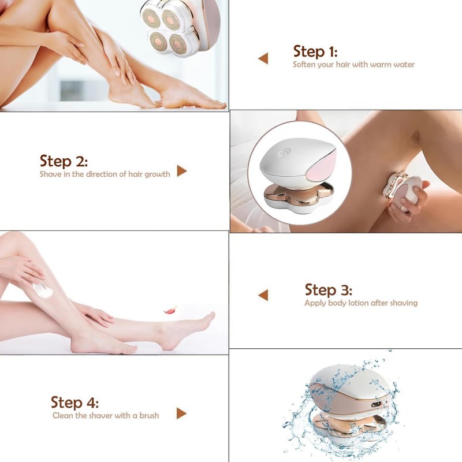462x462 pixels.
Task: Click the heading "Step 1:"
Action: [x=315, y=51]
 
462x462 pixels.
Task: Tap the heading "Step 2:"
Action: [x=64, y=161]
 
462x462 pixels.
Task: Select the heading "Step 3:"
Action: [x=328, y=289]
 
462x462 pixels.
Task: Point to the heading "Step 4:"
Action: [x=74, y=402]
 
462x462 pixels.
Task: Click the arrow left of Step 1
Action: [x=263, y=58]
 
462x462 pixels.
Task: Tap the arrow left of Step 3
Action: [x=263, y=295]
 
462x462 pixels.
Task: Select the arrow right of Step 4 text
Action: [x=181, y=413]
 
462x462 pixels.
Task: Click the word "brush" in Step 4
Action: [x=148, y=415]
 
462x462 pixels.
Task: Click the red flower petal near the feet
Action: [x=170, y=310]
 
